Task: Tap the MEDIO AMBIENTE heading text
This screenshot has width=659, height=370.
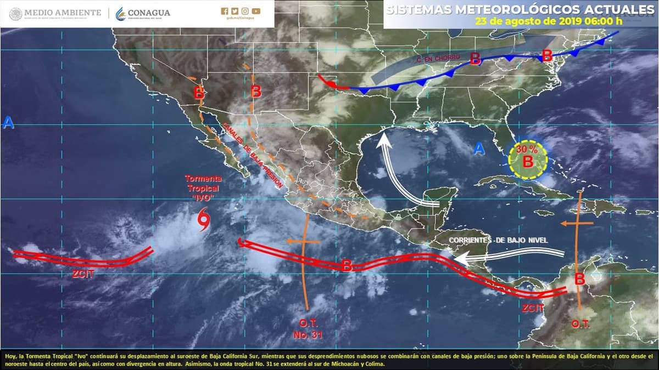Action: (63, 12)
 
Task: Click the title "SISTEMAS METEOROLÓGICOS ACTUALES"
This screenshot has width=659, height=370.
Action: (517, 9)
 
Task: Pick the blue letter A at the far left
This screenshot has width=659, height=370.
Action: (8, 123)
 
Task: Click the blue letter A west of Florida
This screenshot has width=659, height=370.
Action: (479, 148)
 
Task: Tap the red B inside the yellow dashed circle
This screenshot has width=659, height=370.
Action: (527, 162)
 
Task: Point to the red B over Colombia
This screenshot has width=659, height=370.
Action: (579, 279)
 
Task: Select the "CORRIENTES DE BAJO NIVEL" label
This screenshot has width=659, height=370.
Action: (498, 240)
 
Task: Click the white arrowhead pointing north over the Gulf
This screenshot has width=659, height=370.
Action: (384, 141)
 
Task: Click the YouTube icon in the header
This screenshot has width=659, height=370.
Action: (256, 11)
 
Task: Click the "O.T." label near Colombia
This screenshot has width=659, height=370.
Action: (580, 324)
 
